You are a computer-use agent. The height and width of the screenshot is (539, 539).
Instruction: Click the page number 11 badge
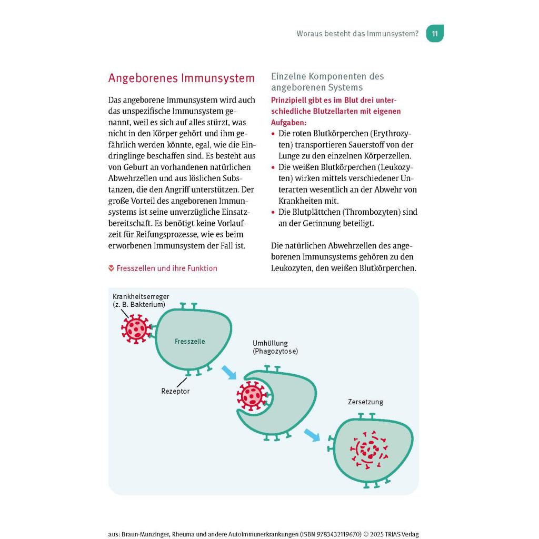tap(435, 34)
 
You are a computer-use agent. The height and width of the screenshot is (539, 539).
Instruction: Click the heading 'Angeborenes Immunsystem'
tap(181, 78)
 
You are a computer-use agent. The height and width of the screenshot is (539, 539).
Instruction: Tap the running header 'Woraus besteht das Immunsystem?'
tap(357, 34)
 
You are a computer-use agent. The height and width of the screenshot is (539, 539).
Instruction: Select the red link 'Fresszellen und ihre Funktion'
tap(166, 268)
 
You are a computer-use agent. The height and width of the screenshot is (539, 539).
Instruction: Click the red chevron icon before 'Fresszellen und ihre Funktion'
tap(111, 268)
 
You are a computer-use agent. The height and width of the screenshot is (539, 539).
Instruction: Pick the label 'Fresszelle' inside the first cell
tap(189, 342)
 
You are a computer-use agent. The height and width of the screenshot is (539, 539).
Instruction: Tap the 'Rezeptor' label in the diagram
tap(175, 391)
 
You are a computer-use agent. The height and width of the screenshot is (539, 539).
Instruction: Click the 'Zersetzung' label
tap(365, 402)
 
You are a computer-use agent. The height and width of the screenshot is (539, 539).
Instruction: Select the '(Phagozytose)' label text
tap(275, 351)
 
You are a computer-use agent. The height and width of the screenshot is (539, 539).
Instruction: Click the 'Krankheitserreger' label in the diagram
tap(141, 297)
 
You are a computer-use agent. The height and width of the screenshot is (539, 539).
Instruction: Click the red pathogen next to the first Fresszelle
tap(136, 329)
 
